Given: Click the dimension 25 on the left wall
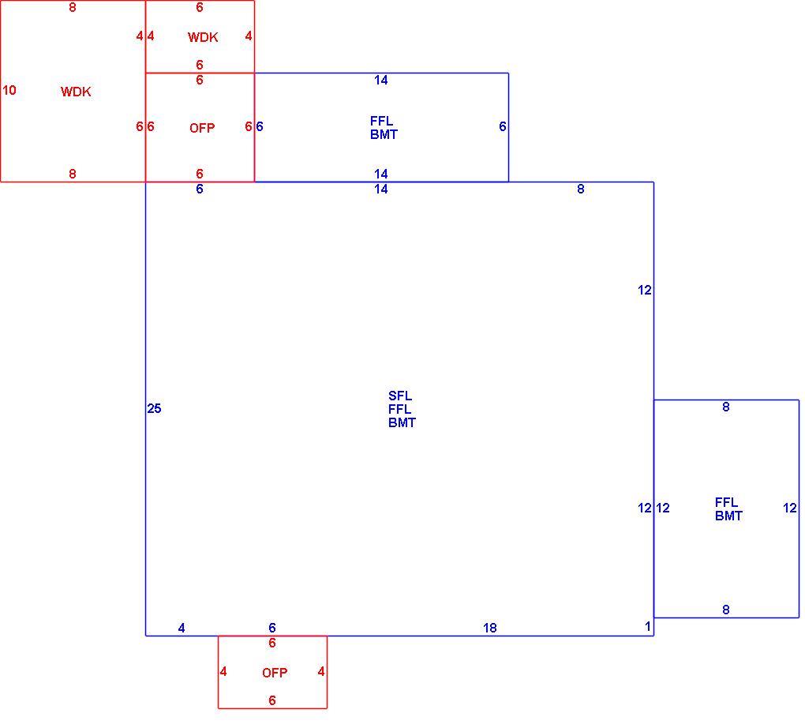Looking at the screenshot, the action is click(x=154, y=408).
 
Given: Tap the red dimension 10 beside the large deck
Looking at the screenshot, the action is click(x=9, y=91).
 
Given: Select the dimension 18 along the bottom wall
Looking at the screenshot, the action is click(x=490, y=628).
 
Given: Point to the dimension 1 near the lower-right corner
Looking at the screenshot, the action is click(x=648, y=626).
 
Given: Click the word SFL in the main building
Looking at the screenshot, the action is click(x=400, y=396).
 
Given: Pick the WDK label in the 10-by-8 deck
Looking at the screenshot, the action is click(x=76, y=92).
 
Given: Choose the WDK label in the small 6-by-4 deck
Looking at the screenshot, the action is click(x=203, y=37).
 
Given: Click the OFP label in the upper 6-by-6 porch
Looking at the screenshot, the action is click(x=202, y=128).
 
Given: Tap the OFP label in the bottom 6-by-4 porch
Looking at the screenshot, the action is click(x=275, y=673).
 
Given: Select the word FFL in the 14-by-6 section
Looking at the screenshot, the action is click(x=381, y=122).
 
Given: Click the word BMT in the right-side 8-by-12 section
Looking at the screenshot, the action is click(x=728, y=516).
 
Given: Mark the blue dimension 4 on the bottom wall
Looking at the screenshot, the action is click(x=182, y=628).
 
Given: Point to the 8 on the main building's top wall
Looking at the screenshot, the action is click(x=581, y=189).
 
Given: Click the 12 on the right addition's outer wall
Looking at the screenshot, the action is click(x=789, y=508).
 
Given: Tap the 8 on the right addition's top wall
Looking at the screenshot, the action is click(x=726, y=407).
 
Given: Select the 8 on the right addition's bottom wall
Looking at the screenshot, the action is click(x=726, y=610).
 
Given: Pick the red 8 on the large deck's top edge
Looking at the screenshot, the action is click(x=73, y=7).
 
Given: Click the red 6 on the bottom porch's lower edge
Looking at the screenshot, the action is click(x=272, y=700).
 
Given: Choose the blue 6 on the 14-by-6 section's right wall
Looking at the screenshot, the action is click(x=503, y=126).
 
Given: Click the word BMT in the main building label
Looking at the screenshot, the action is click(x=402, y=423).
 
